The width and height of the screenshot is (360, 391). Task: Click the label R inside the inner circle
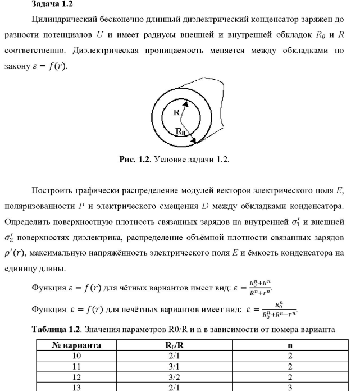pos(176,112)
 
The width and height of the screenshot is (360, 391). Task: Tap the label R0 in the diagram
pos(180,132)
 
